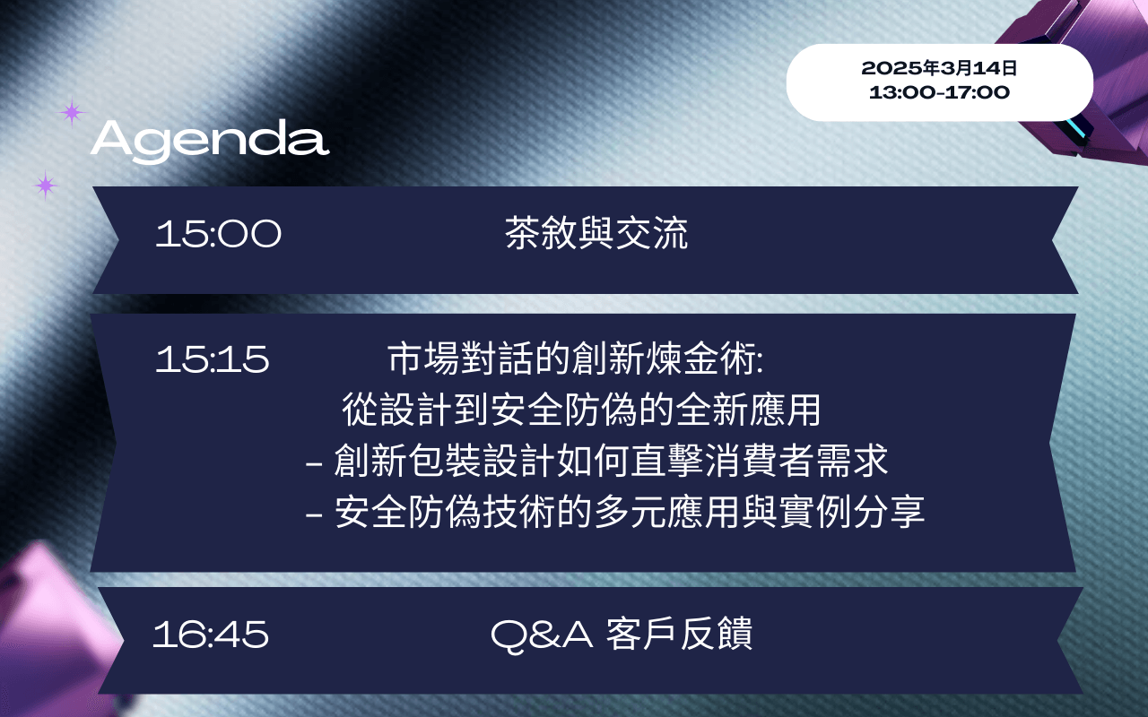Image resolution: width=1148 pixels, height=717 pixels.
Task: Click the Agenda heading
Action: pyautogui.click(x=210, y=140)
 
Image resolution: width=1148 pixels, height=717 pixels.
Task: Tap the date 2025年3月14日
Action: pyautogui.click(x=939, y=68)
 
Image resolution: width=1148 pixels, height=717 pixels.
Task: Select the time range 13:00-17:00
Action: pyautogui.click(x=939, y=92)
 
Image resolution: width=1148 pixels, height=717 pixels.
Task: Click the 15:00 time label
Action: pyautogui.click(x=218, y=234)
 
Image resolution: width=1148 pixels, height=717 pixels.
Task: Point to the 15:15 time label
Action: pyautogui.click(x=213, y=359)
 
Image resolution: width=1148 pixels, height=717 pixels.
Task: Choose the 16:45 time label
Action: pyautogui.click(x=211, y=635)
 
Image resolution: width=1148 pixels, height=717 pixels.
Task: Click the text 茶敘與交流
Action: pyautogui.click(x=596, y=233)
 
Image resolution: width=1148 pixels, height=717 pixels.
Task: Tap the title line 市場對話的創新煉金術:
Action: pyautogui.click(x=575, y=358)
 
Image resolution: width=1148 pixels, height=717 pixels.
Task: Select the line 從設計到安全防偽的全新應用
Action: pyautogui.click(x=581, y=410)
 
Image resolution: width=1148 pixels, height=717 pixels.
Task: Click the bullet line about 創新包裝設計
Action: pyautogui.click(x=596, y=461)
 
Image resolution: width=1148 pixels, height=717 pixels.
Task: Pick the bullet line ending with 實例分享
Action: pyautogui.click(x=614, y=512)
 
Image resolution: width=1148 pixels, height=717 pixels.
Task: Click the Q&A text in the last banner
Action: pyautogui.click(x=542, y=635)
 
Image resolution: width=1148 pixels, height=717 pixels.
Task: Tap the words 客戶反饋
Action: pyautogui.click(x=679, y=634)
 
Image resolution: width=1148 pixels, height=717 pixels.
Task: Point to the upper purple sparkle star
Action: pyautogui.click(x=72, y=112)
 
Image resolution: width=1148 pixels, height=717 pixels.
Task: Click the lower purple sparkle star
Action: pyautogui.click(x=46, y=185)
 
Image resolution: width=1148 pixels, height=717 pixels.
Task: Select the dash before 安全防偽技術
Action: pyautogui.click(x=314, y=514)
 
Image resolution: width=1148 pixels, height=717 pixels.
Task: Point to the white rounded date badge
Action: pyautogui.click(x=939, y=82)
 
